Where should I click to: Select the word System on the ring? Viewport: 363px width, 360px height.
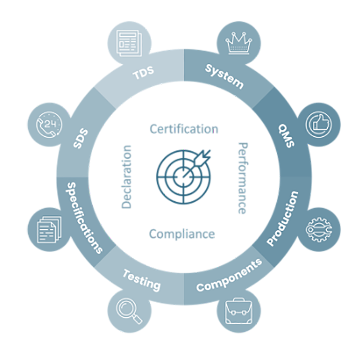pos(225,76)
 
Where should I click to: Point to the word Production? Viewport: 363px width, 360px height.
pos(283,218)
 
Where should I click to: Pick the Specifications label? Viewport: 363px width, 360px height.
pos(84,218)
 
